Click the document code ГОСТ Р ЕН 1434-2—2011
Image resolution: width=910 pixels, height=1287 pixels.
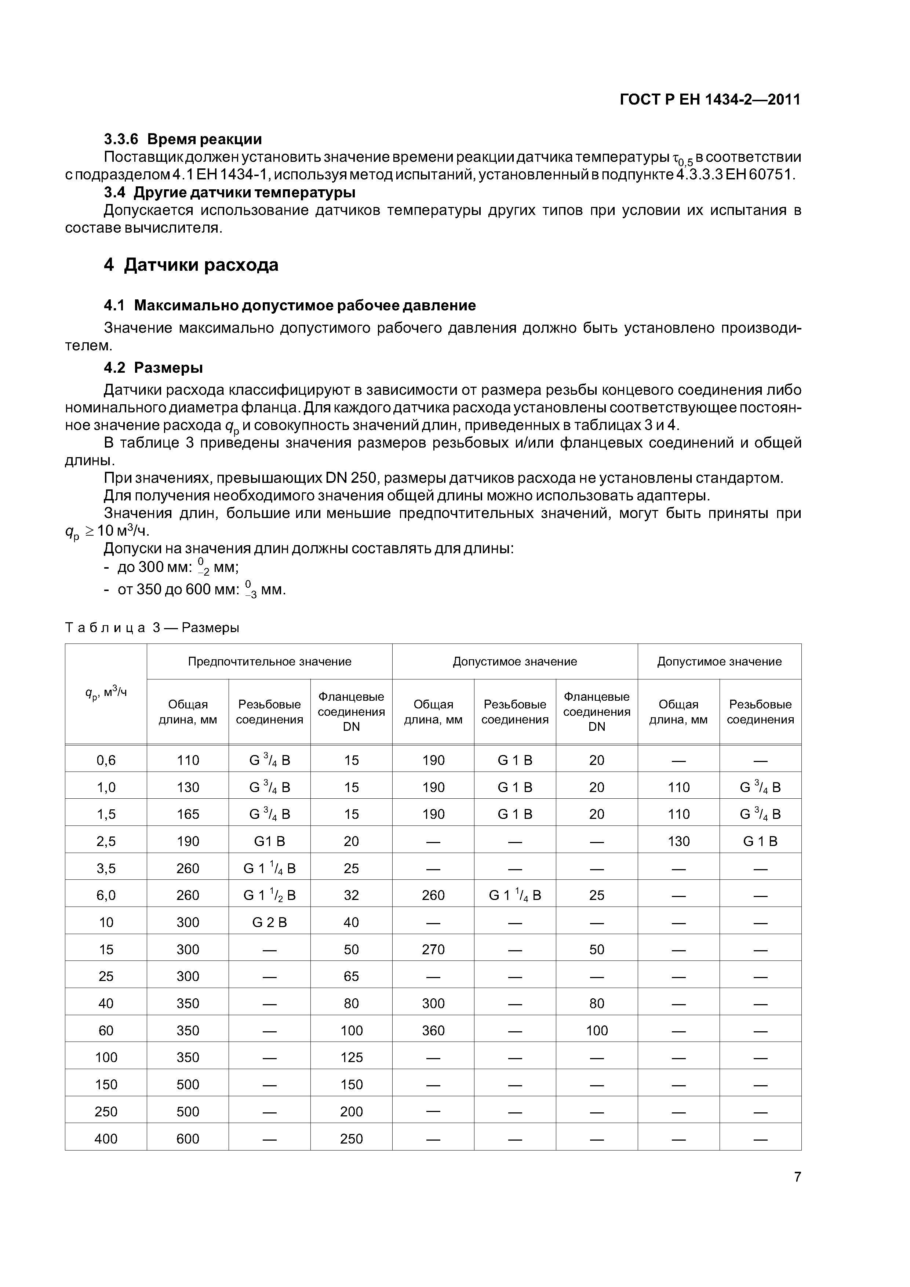tap(710, 100)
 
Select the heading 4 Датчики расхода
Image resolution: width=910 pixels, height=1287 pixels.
tap(191, 265)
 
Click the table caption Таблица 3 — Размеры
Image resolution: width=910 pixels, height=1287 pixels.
tap(152, 628)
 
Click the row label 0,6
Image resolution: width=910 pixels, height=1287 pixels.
tap(106, 760)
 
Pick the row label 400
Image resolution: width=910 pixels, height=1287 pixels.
tap(106, 1138)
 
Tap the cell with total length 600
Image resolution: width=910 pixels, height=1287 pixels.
tap(188, 1138)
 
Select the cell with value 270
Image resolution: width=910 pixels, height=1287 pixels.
tap(433, 949)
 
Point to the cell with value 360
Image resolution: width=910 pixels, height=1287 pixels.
tap(433, 1030)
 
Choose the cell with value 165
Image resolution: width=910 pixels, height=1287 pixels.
tap(188, 814)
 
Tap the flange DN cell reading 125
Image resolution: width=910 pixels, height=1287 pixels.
tap(351, 1057)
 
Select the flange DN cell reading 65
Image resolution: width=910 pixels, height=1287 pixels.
tap(351, 976)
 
